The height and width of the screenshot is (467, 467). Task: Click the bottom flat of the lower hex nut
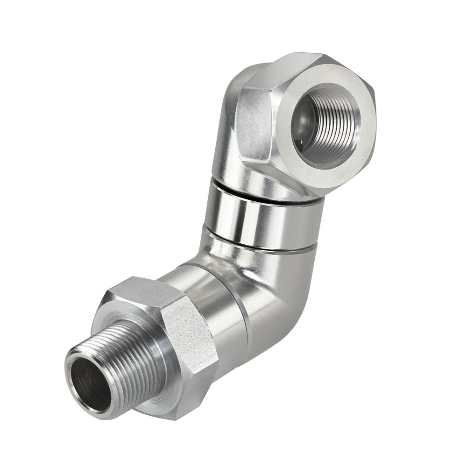[x=182, y=406]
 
